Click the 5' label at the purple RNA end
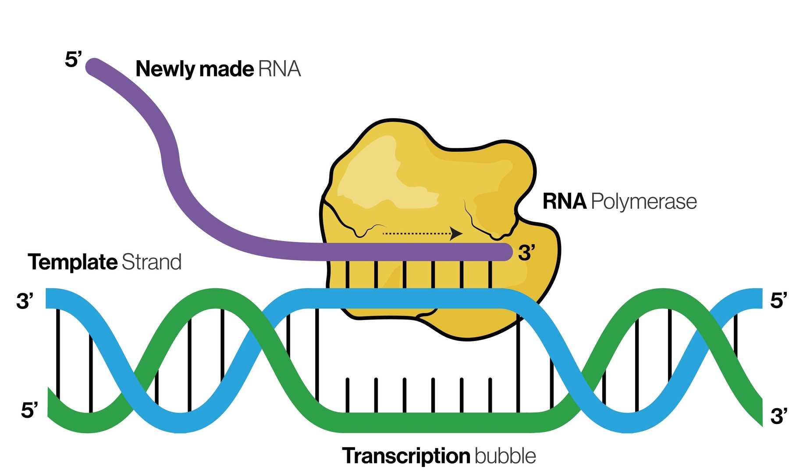pos(73,59)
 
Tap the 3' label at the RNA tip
pos(526,253)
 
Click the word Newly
pos(164,69)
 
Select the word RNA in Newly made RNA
pos(279,69)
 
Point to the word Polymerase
pos(643,202)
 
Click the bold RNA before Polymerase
pos(564,201)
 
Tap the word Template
pos(72,262)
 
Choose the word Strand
pos(151,262)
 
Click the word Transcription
pos(406,456)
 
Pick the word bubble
pos(505,456)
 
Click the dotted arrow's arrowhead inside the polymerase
pos(457,233)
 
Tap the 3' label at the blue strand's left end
pos(25,301)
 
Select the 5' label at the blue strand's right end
pos(778,301)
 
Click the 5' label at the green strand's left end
pos(29,410)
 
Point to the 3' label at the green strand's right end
pos(778,416)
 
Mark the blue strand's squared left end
pos(52,298)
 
